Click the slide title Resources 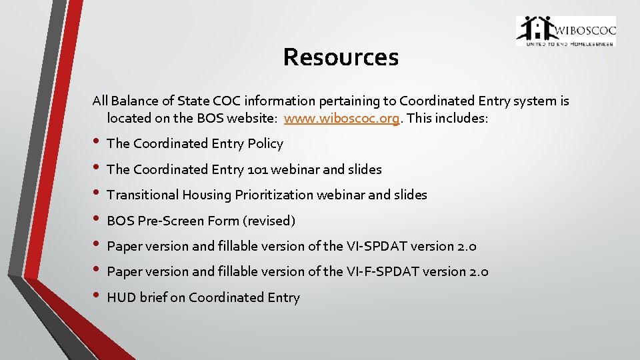[341, 57]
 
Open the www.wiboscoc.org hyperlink [342, 119]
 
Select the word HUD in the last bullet [121, 297]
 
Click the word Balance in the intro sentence [134, 101]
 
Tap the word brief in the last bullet [153, 297]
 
